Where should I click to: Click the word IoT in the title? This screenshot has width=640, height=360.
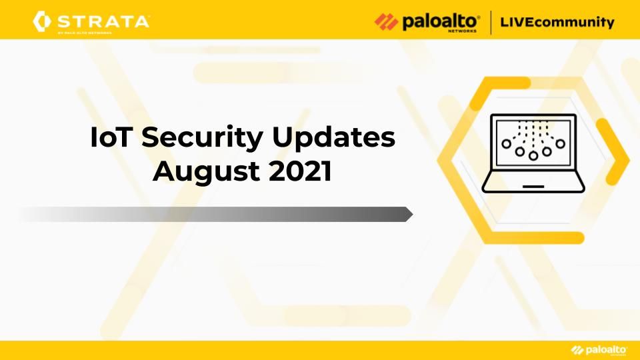110,137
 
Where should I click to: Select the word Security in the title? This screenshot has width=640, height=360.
202,139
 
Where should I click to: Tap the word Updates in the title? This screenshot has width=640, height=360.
333,139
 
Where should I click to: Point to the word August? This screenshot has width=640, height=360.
207,172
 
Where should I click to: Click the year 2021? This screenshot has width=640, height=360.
300,171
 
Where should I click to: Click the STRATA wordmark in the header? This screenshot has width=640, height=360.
103,21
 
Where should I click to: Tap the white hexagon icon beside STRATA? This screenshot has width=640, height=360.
41,21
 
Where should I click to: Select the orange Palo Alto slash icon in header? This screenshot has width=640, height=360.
386,21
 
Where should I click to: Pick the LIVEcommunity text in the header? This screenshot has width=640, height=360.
557,21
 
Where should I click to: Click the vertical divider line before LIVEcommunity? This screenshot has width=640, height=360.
490,23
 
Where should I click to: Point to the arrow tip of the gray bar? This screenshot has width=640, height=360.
413,214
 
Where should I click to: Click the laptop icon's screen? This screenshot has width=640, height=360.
533,141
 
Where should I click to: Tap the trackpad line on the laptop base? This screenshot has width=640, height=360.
533,187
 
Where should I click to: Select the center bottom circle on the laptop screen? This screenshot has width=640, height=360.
533,156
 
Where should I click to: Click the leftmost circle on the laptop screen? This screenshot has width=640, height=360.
506,144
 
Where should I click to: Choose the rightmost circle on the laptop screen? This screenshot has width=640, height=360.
560,144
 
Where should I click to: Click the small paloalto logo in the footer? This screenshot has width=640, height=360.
599,350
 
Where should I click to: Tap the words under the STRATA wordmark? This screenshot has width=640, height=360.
85,33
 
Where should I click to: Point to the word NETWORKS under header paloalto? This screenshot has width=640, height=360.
462,31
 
